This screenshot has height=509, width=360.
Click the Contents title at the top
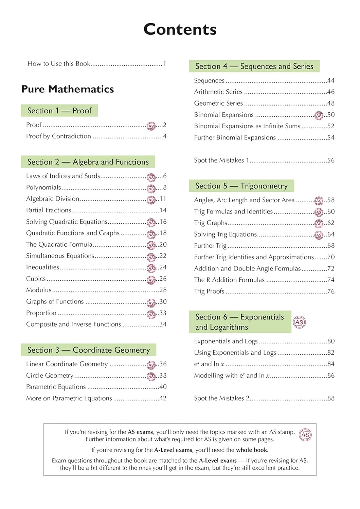pyautogui.click(x=180, y=30)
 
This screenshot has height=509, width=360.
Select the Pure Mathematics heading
pyautogui.click(x=68, y=89)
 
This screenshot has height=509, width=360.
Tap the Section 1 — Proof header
pyautogui.click(x=59, y=111)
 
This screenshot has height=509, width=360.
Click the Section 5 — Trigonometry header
pyautogui.click(x=241, y=186)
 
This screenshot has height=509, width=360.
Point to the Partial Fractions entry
pyautogui.click(x=49, y=210)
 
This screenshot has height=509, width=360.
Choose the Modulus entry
pyautogui.click(x=39, y=290)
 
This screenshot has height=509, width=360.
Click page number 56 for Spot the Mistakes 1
pyautogui.click(x=331, y=161)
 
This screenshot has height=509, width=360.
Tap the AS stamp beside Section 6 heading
pyautogui.click(x=299, y=322)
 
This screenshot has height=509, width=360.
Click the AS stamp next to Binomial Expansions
pyautogui.click(x=319, y=115)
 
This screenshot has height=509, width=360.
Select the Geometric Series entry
pyautogui.click(x=218, y=103)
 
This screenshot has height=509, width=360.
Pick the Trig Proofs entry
pyautogui.click(x=209, y=291)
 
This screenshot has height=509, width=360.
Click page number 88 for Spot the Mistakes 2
pyautogui.click(x=331, y=398)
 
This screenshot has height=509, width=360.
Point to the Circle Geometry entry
pyautogui.click(x=50, y=376)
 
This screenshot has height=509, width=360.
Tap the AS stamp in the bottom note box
pyautogui.click(x=305, y=435)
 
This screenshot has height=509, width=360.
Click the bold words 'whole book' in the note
pyautogui.click(x=252, y=450)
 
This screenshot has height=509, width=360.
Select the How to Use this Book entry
pyautogui.click(x=59, y=64)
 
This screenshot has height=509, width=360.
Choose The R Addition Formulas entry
pyautogui.click(x=229, y=280)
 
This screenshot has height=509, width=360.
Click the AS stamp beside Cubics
pyautogui.click(x=151, y=280)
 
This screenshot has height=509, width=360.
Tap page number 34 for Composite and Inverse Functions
pyautogui.click(x=163, y=324)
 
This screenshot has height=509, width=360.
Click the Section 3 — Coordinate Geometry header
pyautogui.click(x=89, y=350)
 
